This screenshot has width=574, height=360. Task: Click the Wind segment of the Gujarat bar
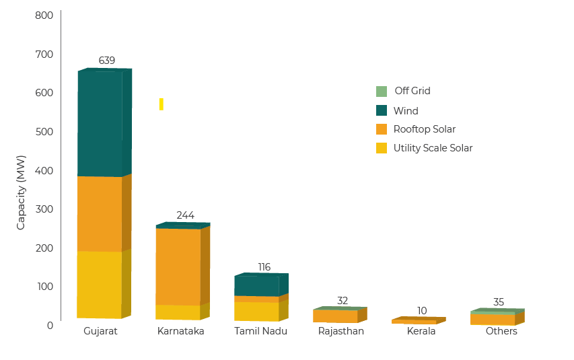101,124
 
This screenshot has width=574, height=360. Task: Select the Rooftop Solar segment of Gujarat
101,214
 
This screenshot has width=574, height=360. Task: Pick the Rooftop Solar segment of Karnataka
179,266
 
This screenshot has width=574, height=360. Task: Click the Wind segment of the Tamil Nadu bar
257,285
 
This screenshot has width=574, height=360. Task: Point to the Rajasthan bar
336,316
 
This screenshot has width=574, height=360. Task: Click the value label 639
106,61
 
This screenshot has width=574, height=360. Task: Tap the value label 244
185,215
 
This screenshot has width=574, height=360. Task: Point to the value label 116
264,267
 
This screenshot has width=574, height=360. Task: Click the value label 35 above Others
498,302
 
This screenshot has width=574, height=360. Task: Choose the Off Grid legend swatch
382,91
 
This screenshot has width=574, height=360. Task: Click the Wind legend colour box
382,110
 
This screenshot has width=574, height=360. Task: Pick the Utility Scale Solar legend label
433,148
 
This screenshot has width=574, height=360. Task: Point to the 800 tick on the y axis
44,15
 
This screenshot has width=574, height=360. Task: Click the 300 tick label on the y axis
44,209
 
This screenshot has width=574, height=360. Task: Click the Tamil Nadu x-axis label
260,332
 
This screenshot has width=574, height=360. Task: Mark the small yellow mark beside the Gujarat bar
162,104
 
